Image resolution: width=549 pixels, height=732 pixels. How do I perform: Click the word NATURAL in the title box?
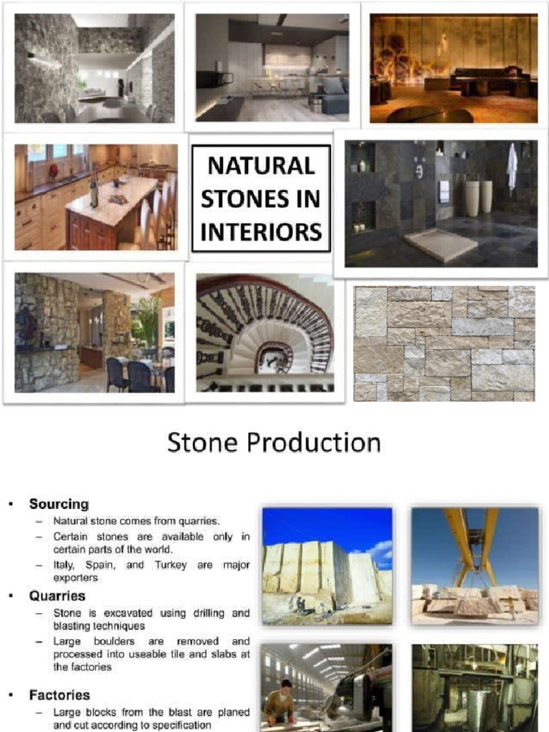(x=261, y=167)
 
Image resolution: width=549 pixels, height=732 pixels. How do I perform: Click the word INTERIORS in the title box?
(x=261, y=231)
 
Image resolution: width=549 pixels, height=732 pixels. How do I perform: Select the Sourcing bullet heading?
(x=59, y=504)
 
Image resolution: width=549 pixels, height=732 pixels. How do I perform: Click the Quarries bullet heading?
(x=57, y=595)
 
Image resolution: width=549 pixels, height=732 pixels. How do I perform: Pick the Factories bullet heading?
(x=59, y=694)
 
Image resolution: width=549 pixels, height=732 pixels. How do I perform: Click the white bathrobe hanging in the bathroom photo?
(x=512, y=166)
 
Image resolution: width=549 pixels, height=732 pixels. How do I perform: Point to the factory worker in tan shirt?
(x=281, y=703)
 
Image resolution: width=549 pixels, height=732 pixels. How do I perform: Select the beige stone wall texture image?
(x=444, y=343)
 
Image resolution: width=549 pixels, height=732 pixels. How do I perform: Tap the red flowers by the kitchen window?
(x=53, y=172)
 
